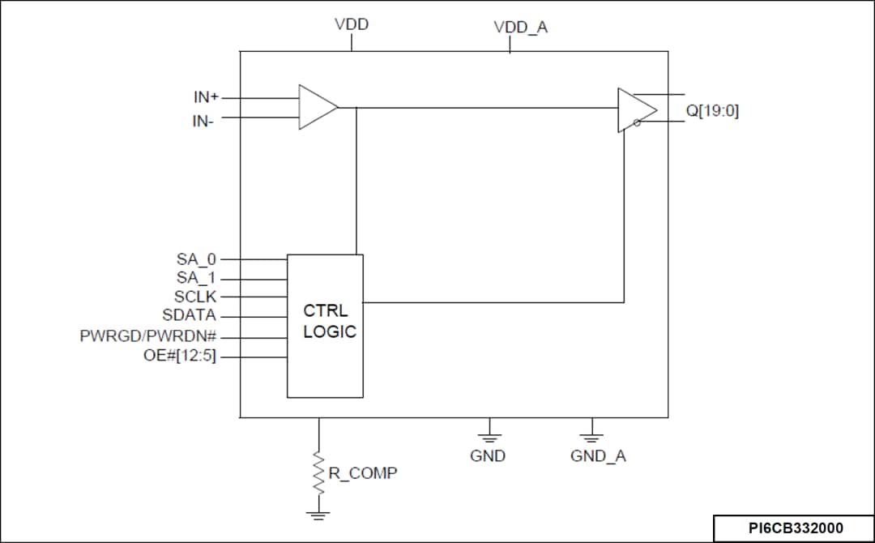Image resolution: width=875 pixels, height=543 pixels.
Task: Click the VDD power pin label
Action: pos(352,24)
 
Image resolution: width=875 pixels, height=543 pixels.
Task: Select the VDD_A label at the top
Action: pos(520,28)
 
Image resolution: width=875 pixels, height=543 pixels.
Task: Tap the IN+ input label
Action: pos(206,97)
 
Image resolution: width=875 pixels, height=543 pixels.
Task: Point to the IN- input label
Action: pos(204,122)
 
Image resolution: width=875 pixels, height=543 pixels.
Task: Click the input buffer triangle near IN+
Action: pos(316,107)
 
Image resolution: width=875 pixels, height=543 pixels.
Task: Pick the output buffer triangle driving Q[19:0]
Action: pos(635,110)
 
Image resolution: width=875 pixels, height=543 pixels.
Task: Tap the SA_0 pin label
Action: pos(197,259)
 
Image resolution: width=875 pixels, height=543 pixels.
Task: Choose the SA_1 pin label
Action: pos(197,278)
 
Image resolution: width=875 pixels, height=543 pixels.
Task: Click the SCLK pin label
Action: pos(195,297)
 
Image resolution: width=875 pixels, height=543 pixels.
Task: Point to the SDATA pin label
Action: pos(190,315)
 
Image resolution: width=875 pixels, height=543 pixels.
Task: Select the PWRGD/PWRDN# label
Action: pos(147,336)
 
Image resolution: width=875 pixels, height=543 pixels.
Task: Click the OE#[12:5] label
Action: pos(180,355)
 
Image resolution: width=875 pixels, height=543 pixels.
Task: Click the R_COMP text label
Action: pos(362,472)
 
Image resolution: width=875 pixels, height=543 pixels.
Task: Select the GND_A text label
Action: pos(598,456)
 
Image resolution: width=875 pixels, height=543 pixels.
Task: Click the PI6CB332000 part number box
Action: pos(794,528)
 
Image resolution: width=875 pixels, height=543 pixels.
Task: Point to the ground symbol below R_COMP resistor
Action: pos(318,515)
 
